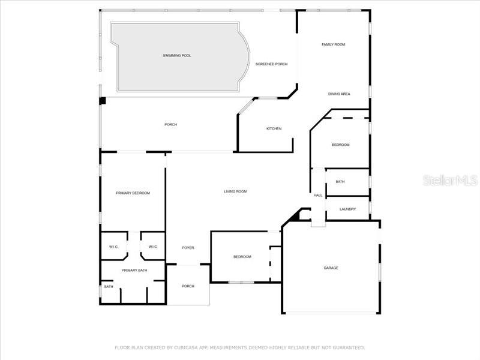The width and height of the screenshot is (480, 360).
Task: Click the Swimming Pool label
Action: [x=177, y=55]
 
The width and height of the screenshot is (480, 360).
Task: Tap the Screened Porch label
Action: [x=271, y=64]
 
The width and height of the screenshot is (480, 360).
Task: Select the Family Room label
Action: [x=333, y=44]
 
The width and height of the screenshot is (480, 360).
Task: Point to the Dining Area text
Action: [x=339, y=94]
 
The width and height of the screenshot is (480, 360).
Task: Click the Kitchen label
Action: [x=274, y=128]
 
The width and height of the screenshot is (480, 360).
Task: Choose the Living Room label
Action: [x=235, y=191]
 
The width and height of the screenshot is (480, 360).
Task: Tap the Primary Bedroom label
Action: [x=133, y=193]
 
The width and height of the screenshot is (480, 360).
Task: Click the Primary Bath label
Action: [x=134, y=270]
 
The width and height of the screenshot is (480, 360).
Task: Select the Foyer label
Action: [x=188, y=247]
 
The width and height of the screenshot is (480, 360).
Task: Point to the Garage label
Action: [x=331, y=268]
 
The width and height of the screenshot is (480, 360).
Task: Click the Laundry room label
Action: [x=347, y=209]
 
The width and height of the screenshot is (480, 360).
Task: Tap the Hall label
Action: [x=318, y=195]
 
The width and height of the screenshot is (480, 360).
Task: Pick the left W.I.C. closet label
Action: [x=114, y=247]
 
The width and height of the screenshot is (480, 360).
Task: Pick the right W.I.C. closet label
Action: [x=152, y=247]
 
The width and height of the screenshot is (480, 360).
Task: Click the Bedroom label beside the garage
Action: [x=242, y=257]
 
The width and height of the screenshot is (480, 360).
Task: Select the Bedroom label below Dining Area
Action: [x=340, y=145]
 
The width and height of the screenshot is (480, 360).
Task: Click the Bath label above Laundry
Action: [x=340, y=182]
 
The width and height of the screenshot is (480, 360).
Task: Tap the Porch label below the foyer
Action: [x=188, y=286]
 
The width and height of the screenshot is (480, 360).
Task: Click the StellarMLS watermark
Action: [x=450, y=180]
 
